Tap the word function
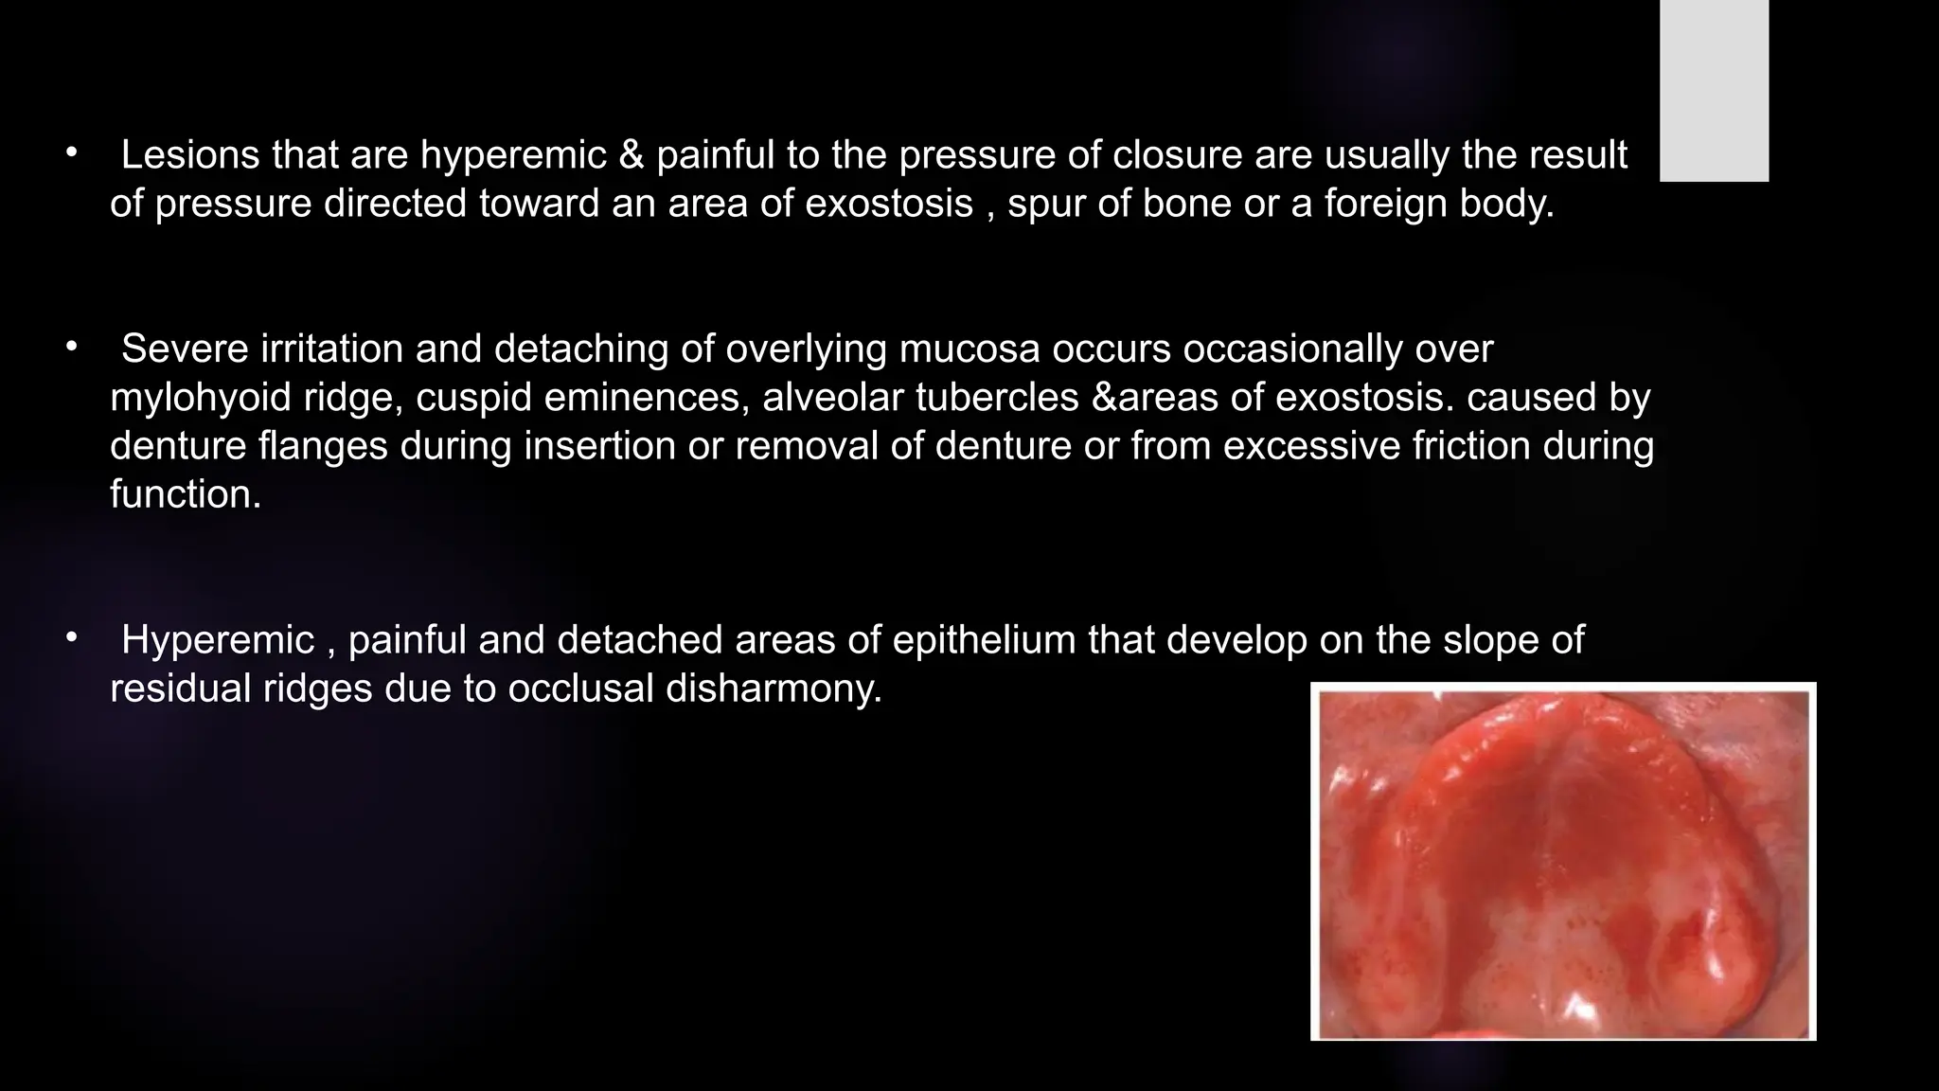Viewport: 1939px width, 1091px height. coord(185,494)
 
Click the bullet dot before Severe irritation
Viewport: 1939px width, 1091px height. coord(70,348)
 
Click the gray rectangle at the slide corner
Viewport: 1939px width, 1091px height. coord(1714,90)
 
